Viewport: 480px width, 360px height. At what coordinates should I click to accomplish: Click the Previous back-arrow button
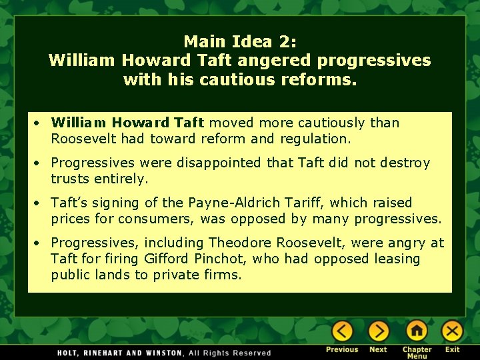click(342, 331)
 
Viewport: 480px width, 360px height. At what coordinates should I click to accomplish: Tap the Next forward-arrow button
click(378, 331)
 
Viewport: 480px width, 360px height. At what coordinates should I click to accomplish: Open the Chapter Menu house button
click(417, 331)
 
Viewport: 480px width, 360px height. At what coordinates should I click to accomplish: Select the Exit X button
click(452, 331)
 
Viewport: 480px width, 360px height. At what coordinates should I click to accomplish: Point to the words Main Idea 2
click(239, 41)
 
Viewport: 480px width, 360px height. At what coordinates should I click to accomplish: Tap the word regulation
click(317, 139)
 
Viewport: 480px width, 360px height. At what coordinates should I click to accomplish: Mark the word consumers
click(177, 219)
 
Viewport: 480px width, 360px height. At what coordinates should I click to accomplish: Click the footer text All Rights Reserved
click(229, 353)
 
